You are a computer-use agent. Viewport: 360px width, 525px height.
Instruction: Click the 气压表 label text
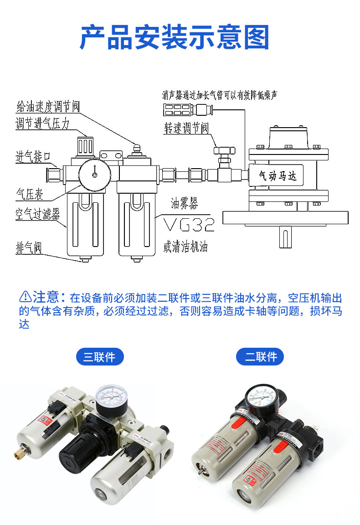tap(30, 196)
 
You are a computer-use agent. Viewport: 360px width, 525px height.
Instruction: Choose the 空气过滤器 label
tap(37, 215)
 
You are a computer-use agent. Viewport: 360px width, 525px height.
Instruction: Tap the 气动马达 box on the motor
tap(278, 175)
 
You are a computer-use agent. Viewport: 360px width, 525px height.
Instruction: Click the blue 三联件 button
tap(99, 356)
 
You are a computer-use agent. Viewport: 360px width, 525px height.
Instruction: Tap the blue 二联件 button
tap(260, 356)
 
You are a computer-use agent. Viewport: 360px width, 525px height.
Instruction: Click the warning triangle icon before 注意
tap(25, 297)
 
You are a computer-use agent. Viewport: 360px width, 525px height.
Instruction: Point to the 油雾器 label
tap(185, 203)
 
